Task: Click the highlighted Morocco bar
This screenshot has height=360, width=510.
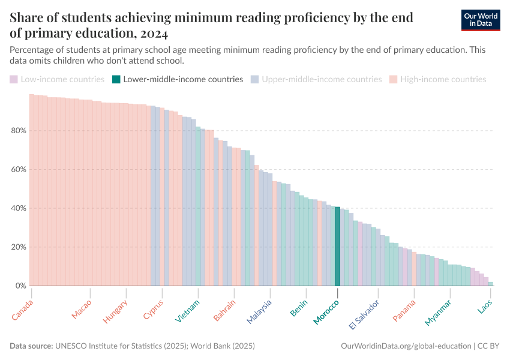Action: pyautogui.click(x=338, y=246)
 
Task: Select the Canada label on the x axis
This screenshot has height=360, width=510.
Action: pyautogui.click(x=23, y=310)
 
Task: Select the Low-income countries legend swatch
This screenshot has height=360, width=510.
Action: pyautogui.click(x=14, y=79)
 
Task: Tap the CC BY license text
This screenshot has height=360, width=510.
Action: pyautogui.click(x=490, y=346)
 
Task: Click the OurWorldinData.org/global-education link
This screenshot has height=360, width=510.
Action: pyautogui.click(x=405, y=346)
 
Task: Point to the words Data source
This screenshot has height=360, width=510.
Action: pyautogui.click(x=31, y=346)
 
